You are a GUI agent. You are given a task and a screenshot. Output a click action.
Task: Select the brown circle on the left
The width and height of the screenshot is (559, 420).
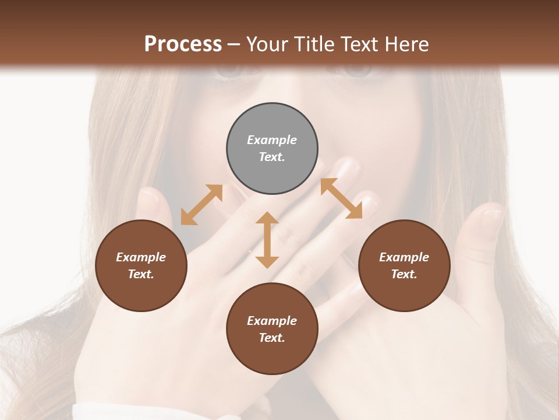click(x=141, y=265)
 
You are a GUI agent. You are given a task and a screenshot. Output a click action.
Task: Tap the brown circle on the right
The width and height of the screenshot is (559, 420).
click(x=404, y=265)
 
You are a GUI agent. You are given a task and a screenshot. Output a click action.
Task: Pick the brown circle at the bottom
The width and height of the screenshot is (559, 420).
click(x=272, y=328)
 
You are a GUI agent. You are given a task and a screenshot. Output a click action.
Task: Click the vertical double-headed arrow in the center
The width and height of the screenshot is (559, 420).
click(x=267, y=240)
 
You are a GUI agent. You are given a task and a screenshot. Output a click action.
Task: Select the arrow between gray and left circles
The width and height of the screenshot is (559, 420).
click(x=201, y=205)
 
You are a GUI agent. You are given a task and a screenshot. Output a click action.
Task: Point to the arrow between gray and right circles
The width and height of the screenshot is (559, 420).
click(x=341, y=198)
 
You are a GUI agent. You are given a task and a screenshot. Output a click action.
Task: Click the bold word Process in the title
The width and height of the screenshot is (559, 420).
click(x=183, y=44)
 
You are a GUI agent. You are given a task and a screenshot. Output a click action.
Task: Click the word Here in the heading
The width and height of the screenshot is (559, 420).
click(x=406, y=44)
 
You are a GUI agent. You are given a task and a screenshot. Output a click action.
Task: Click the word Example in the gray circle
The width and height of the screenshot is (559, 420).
click(x=272, y=140)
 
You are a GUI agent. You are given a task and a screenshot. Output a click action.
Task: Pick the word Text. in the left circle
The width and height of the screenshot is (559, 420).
click(x=141, y=274)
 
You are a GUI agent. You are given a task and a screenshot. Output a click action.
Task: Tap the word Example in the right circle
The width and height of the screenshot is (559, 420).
click(x=404, y=257)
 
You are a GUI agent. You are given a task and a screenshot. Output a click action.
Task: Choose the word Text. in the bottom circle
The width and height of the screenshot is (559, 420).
click(x=272, y=338)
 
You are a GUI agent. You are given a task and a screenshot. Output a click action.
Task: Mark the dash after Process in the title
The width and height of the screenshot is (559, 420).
click(x=234, y=44)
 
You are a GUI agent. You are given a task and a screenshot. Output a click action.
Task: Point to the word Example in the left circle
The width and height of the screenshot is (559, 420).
click(x=141, y=257)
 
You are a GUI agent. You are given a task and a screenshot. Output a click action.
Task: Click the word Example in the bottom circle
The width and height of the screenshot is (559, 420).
click(x=272, y=321)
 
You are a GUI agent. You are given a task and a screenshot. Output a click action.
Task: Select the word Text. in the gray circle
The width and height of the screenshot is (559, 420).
click(x=272, y=157)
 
